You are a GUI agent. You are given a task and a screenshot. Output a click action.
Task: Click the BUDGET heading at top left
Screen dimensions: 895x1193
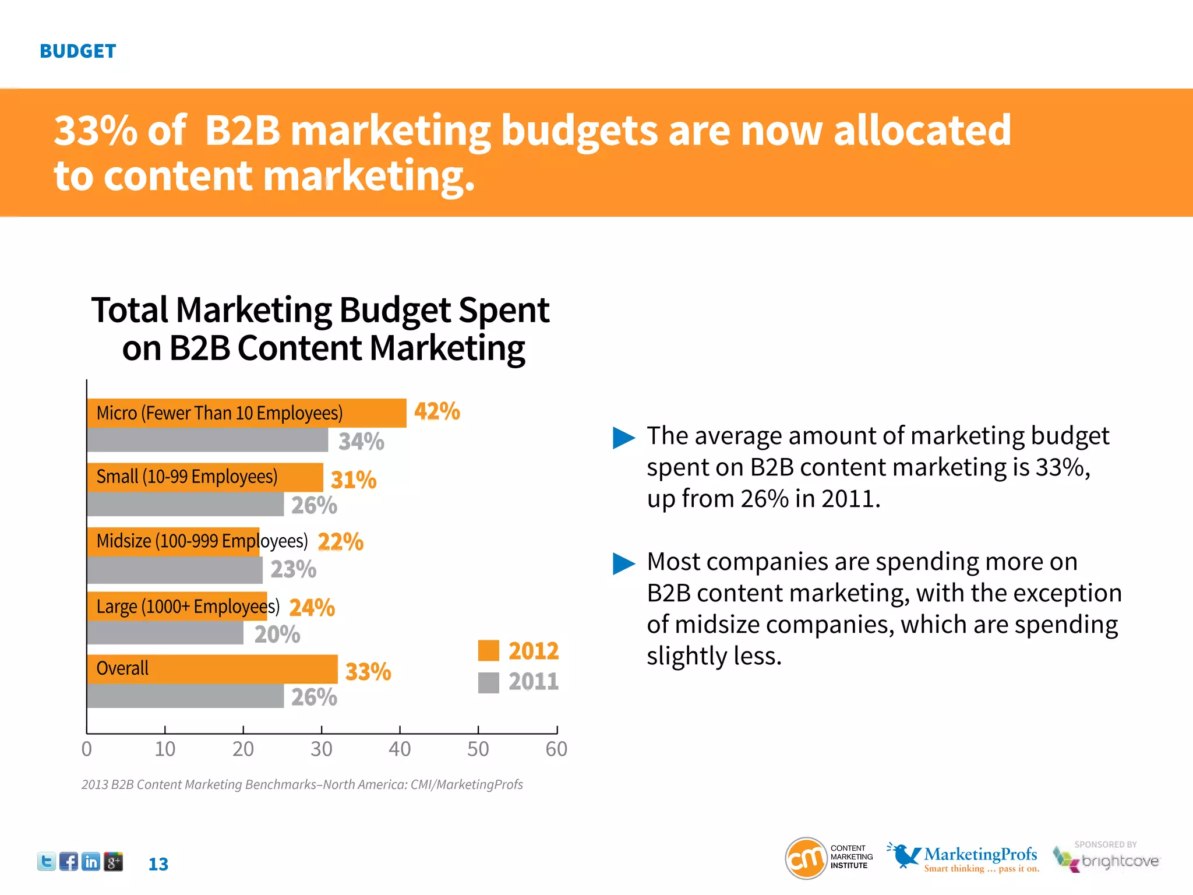tap(78, 51)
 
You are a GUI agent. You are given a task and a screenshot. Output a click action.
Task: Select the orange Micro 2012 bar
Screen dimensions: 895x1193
tap(246, 413)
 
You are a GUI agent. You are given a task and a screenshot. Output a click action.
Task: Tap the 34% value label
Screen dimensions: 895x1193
tap(361, 442)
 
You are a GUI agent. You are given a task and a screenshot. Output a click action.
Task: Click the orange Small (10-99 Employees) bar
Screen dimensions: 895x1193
tap(204, 477)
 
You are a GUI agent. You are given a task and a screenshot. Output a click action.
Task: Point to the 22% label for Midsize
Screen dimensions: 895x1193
tap(340, 542)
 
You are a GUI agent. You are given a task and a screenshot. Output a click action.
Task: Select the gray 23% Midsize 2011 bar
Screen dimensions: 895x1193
tap(174, 570)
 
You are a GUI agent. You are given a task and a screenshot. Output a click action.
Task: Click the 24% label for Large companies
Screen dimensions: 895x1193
tap(312, 608)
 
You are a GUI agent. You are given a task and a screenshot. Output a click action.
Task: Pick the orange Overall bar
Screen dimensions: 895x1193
tap(212, 669)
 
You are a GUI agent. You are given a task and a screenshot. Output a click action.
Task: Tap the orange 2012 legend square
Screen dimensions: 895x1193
tap(488, 651)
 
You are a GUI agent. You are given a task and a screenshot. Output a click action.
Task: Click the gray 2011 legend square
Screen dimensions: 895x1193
tap(488, 682)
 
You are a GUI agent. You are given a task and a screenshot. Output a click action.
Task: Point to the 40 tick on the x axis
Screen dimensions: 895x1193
tap(400, 749)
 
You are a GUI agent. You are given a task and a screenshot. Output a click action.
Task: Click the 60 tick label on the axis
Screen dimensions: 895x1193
tap(556, 749)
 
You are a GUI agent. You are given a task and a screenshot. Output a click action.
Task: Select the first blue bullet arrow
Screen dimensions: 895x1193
tap(623, 438)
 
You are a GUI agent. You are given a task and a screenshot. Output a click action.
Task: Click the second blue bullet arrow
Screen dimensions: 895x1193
tap(623, 563)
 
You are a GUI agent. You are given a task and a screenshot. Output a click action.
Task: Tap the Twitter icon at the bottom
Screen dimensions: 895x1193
tap(47, 862)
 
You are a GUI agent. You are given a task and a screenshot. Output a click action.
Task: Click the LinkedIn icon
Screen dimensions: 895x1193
tap(91, 862)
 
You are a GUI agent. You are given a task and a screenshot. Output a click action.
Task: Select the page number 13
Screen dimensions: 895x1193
tap(158, 864)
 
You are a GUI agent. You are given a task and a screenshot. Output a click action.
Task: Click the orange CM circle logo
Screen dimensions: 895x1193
tap(806, 858)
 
